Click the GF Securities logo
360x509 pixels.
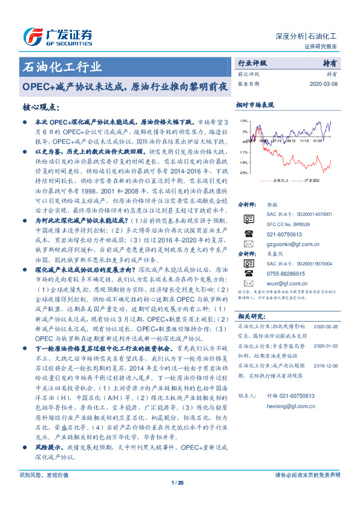(57, 35)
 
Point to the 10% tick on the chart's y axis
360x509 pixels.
(243, 120)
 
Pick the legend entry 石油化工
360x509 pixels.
(278, 180)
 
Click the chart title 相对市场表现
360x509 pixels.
(255, 105)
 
